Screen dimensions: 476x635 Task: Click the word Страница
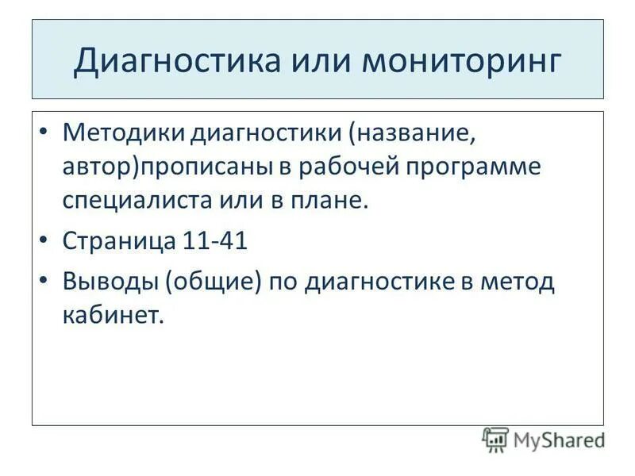point(118,240)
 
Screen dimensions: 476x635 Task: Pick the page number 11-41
point(215,240)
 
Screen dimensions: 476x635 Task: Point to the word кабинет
point(112,315)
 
